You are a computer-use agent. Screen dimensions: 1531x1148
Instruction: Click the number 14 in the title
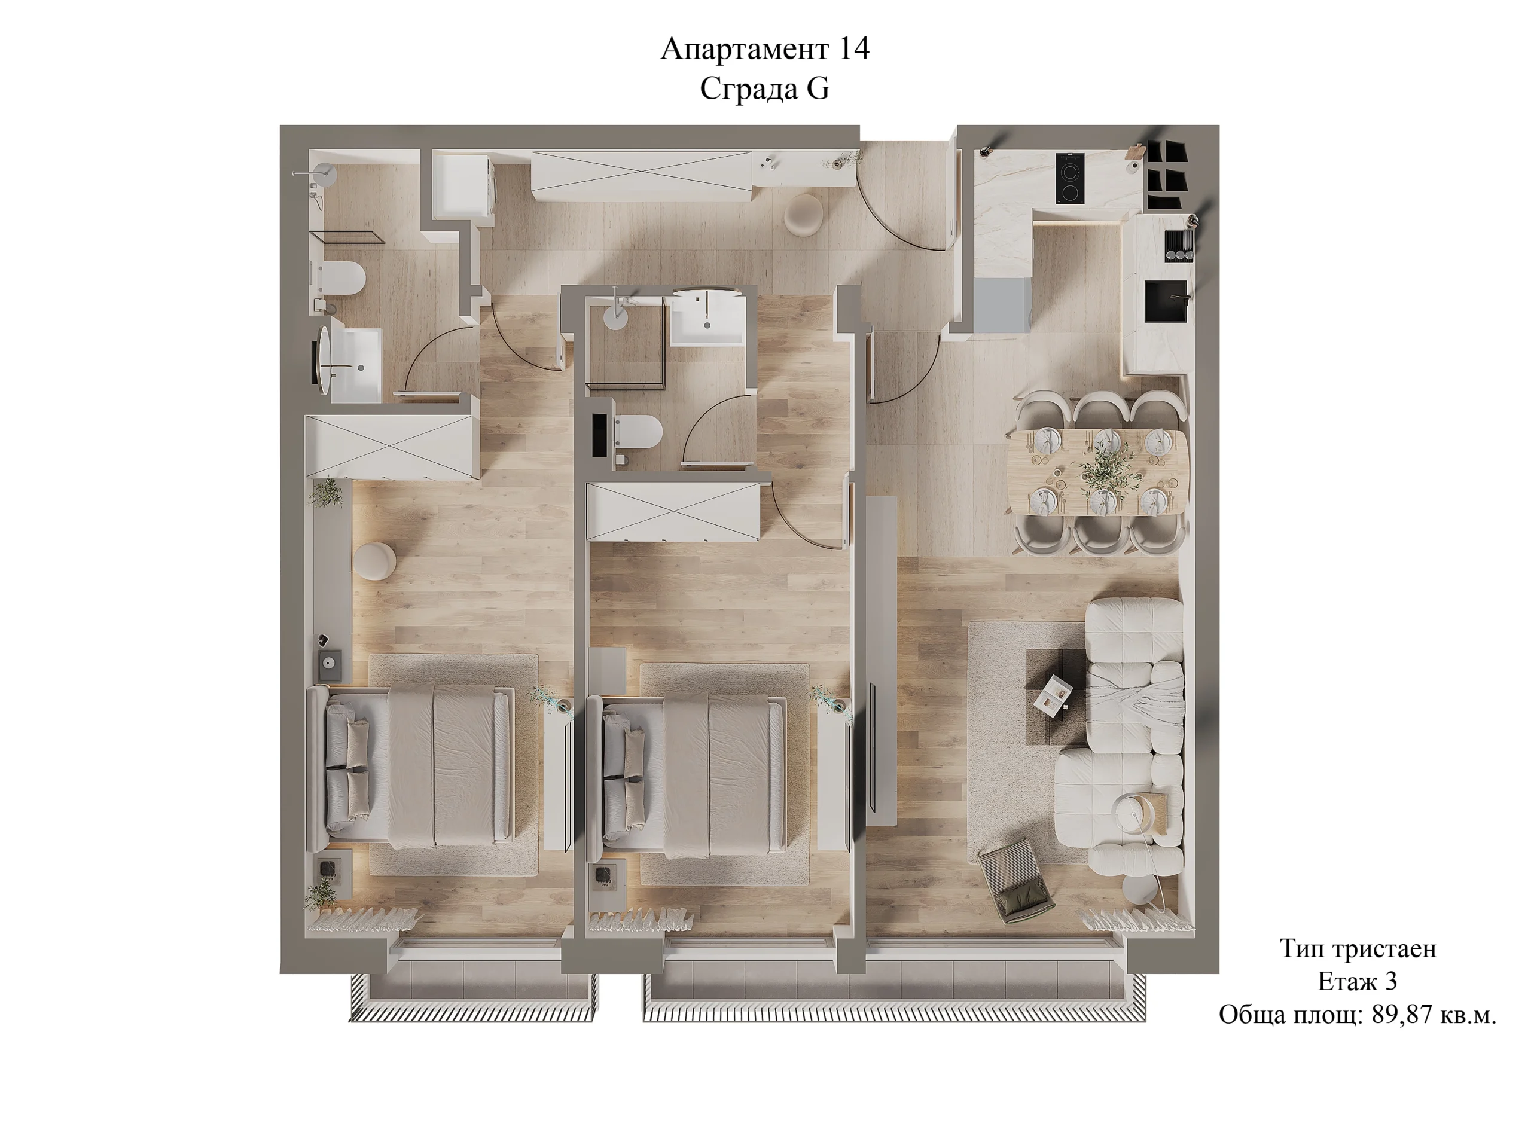854,49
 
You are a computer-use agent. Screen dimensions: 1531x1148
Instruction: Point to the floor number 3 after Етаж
1390,981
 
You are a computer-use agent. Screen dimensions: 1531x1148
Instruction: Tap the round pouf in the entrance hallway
804,215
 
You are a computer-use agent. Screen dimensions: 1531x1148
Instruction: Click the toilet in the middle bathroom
637,432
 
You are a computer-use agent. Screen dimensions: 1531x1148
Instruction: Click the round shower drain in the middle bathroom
615,316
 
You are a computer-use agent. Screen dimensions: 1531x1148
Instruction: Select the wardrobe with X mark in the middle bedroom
673,511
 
